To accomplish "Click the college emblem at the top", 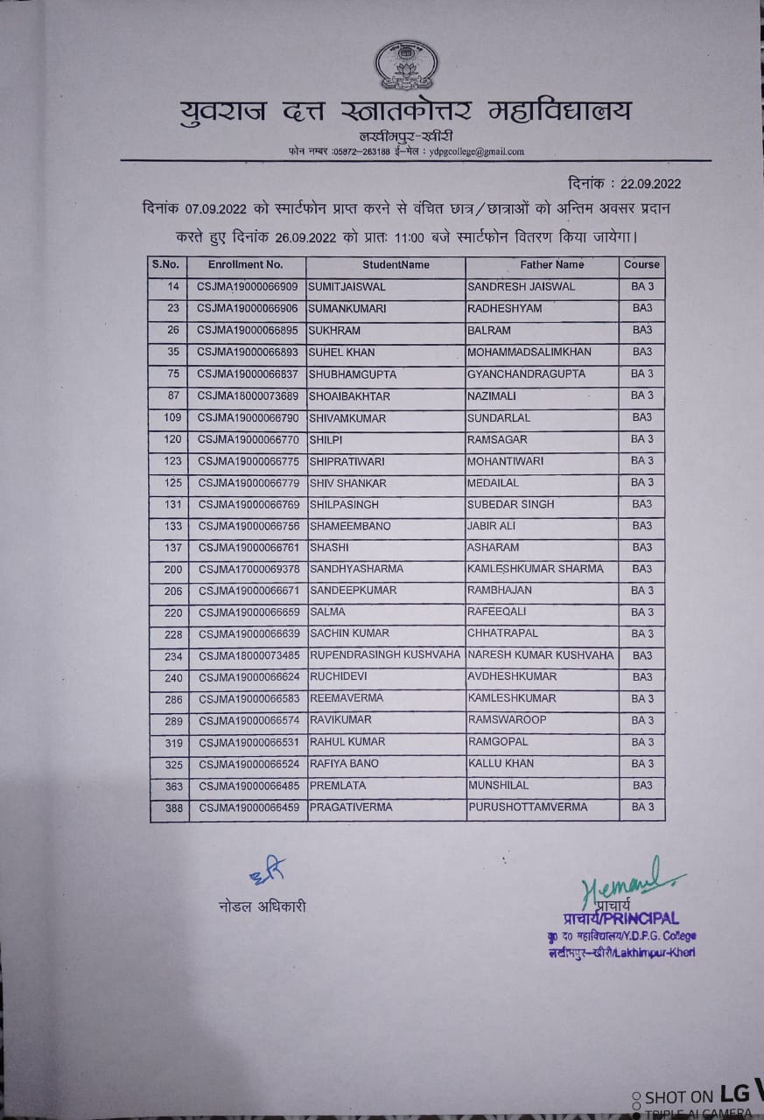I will [406, 66].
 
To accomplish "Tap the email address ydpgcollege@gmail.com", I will [476, 151].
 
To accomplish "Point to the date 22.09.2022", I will [650, 184].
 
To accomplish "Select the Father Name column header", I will [551, 264].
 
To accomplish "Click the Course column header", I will [641, 264].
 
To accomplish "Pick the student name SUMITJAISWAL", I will [347, 287].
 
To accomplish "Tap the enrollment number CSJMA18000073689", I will [248, 395].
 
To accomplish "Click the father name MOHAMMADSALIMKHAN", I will [529, 352].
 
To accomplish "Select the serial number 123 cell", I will [172, 461].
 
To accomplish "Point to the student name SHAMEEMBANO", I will [349, 526].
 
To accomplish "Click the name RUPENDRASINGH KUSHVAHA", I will [384, 655].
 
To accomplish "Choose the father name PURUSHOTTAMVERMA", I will [527, 807].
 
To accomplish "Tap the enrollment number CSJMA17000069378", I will [248, 570].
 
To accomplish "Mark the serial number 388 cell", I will [173, 808].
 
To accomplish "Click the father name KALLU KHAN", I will [501, 764].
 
